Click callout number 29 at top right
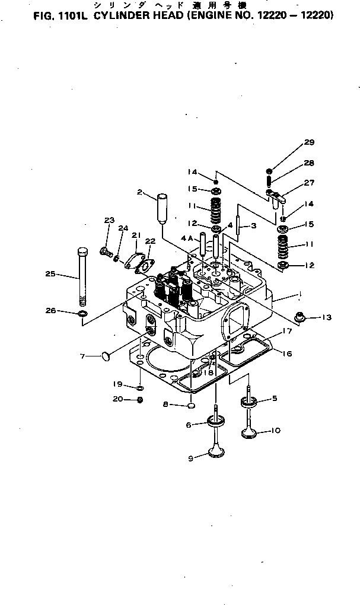[309, 142]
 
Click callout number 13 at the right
[326, 317]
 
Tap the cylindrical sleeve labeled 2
[162, 205]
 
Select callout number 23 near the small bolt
[109, 221]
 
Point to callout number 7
[84, 356]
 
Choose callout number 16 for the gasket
[287, 354]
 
